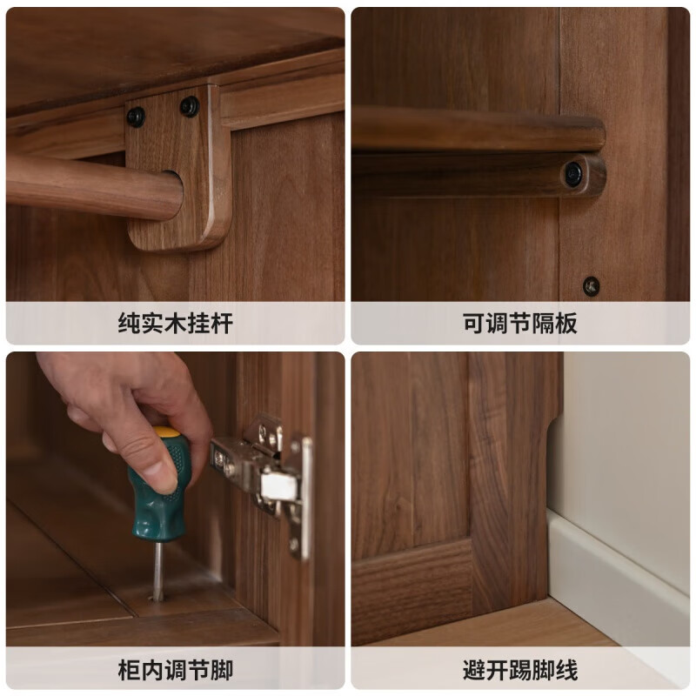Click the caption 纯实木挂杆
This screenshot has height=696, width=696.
pos(175,324)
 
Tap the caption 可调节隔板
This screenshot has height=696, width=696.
pos(519,324)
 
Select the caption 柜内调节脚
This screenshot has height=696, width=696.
pos(175,670)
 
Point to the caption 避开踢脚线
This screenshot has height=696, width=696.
pos(519,670)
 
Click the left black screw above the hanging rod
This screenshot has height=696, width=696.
pos(136,117)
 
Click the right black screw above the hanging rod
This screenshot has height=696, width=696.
pos(189,106)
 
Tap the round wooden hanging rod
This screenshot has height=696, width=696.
pos(87,187)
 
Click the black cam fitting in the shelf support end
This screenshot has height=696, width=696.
pos(573,173)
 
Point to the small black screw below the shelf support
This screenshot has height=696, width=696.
pos(591,285)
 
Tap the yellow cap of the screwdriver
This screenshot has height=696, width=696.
pos(167,432)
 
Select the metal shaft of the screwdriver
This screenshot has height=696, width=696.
pos(157,570)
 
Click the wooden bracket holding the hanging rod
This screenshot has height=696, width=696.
pos(178,174)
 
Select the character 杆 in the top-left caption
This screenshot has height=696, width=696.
pos(222,324)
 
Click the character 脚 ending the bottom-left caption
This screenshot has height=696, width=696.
pos(222,670)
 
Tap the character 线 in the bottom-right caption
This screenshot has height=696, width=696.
pos(566,670)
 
